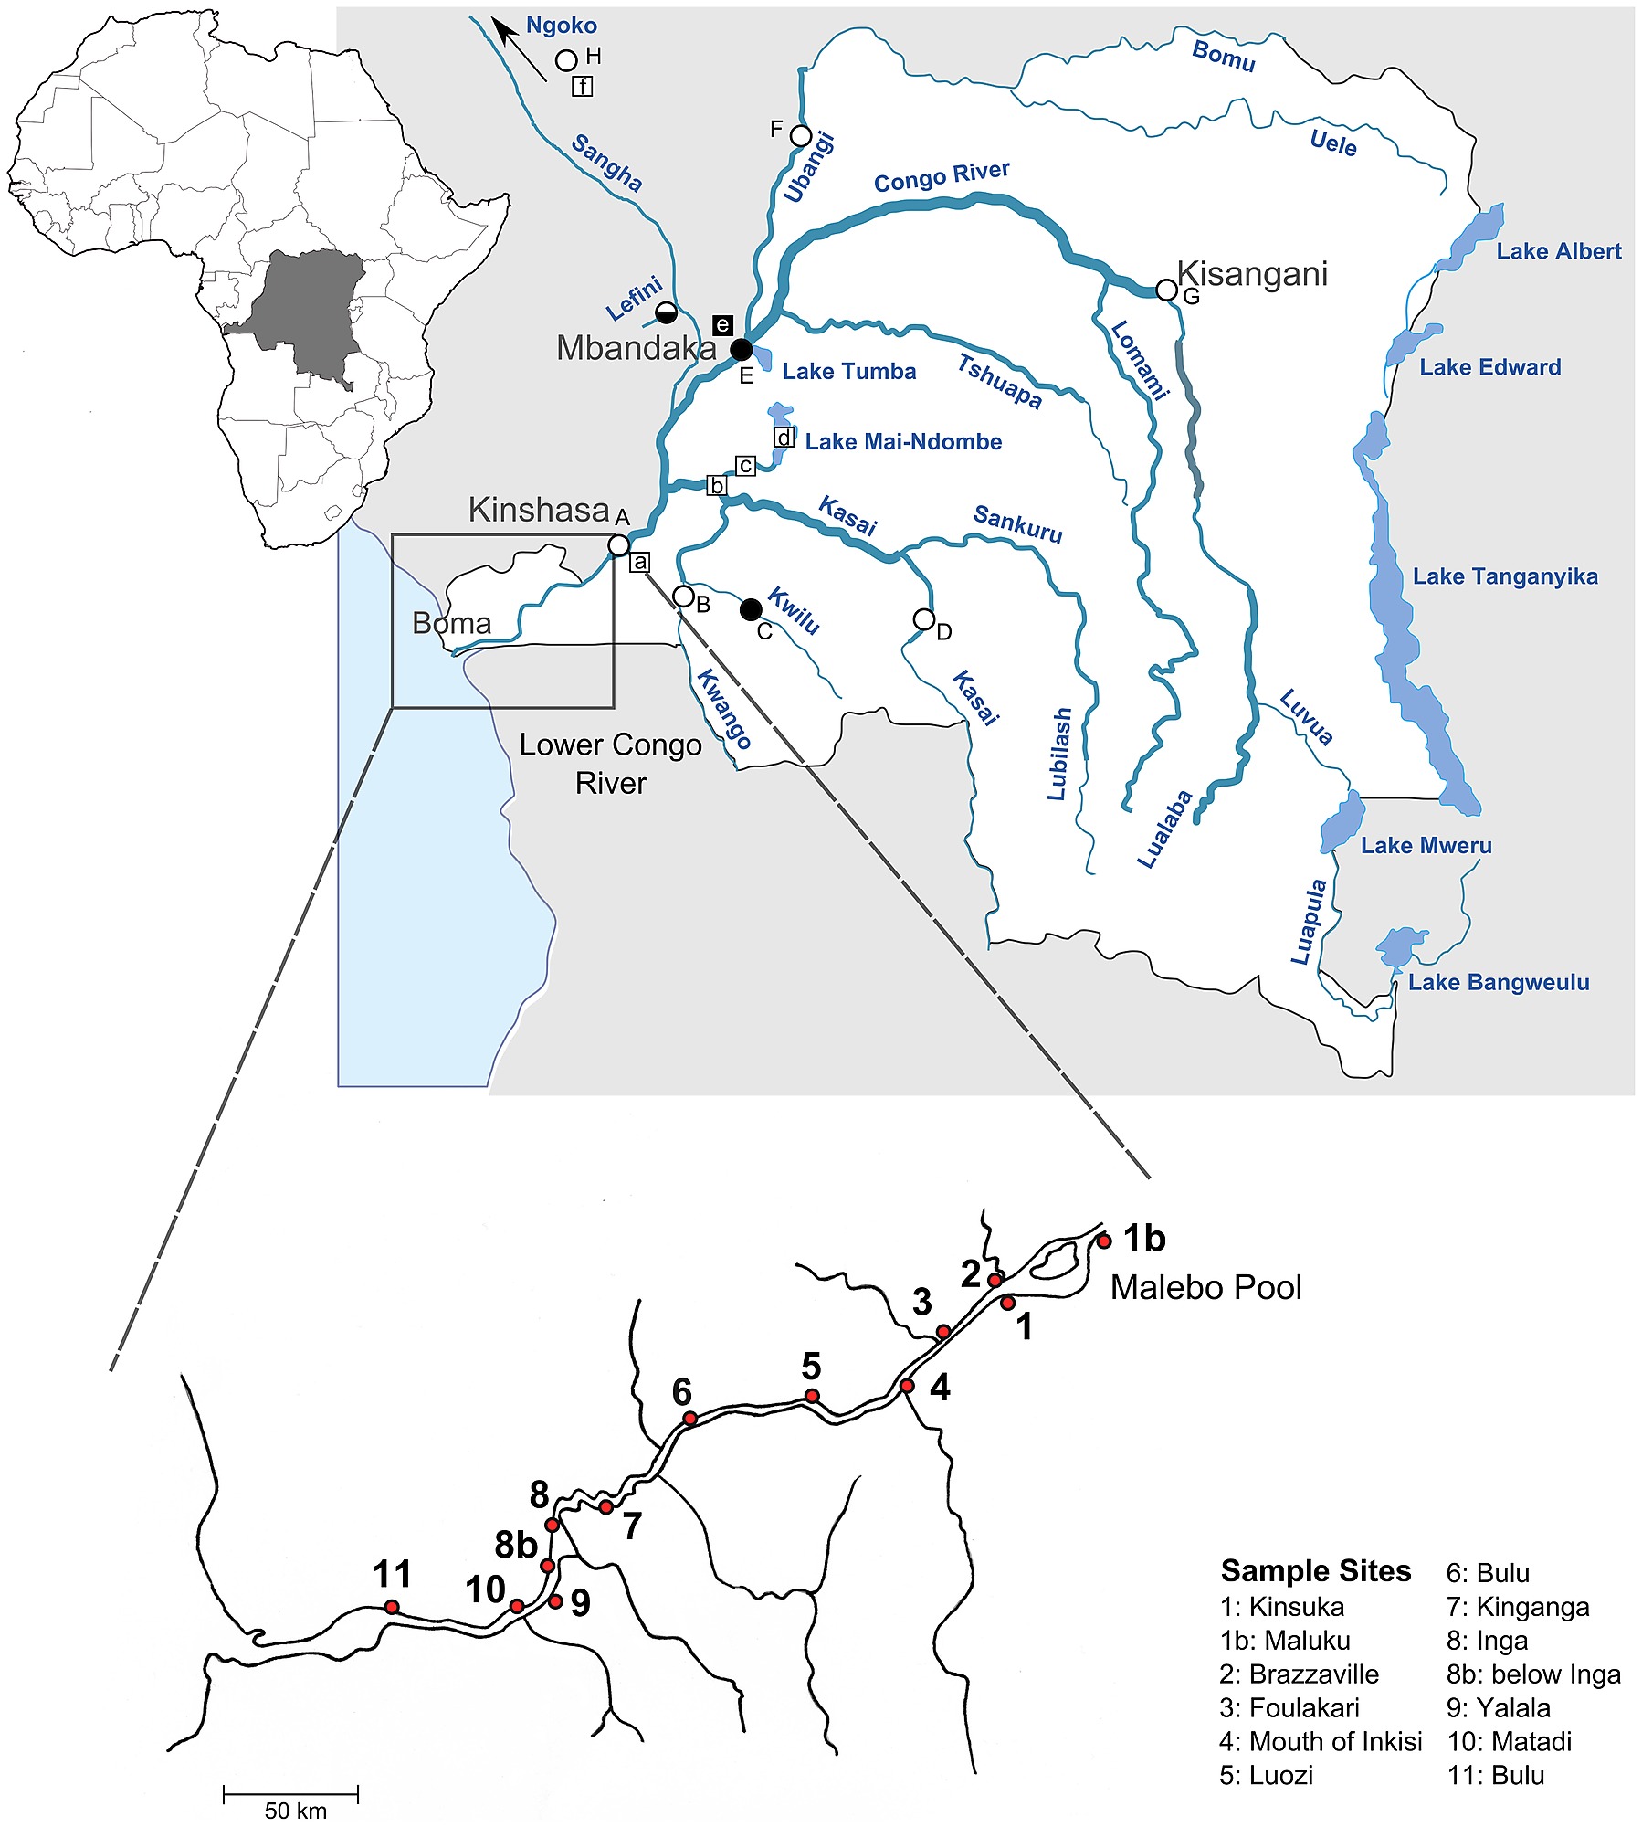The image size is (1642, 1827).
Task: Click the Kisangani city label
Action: pos(1251,273)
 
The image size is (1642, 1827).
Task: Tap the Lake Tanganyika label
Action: pos(1505,576)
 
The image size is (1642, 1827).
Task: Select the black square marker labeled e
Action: pos(721,324)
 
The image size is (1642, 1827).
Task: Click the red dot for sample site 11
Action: pos(392,1607)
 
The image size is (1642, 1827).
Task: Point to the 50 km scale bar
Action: pos(291,1795)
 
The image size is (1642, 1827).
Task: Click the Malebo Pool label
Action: pos(1205,1288)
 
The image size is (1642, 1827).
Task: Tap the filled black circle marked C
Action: pos(751,609)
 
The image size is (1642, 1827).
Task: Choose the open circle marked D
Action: pos(923,620)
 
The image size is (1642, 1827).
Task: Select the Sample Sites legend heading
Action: pos(1315,1571)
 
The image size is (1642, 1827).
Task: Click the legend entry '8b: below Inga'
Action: pos(1533,1674)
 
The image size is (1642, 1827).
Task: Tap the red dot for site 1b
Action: pos(1104,1241)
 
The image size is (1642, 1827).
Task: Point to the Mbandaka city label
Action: pos(637,348)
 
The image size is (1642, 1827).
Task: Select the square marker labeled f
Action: pos(582,87)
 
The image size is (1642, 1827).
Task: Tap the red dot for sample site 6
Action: pos(690,1419)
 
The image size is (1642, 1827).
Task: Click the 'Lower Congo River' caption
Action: pos(610,764)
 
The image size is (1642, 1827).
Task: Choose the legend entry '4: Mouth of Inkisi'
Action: pos(1321,1742)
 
